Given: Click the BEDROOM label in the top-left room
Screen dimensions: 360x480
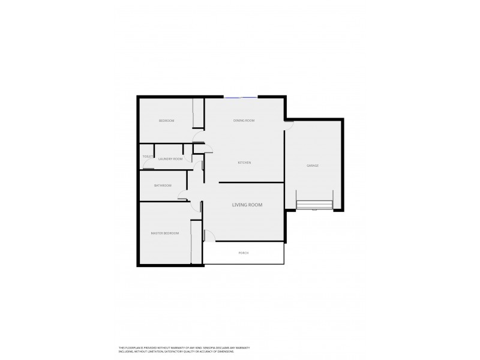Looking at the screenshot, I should [x=166, y=121].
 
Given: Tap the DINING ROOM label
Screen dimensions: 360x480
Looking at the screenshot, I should [x=244, y=121].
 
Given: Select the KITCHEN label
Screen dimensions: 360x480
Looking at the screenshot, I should [x=244, y=163].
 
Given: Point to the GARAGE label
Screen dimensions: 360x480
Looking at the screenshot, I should [x=312, y=165].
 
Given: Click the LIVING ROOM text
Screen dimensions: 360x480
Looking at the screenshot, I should [x=247, y=205].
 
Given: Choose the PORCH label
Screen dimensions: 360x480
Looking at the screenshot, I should [x=243, y=253].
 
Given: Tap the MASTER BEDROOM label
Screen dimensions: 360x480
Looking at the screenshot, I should [x=164, y=233].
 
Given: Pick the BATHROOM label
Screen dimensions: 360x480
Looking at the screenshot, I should [x=163, y=185].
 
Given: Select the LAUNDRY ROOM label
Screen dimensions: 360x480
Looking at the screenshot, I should [x=170, y=159].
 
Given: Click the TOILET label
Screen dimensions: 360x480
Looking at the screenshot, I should [x=147, y=157].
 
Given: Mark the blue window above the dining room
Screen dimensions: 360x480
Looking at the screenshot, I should [x=241, y=97].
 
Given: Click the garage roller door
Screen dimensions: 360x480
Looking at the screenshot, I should [x=314, y=205].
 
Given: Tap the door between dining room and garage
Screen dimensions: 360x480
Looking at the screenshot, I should [x=289, y=122].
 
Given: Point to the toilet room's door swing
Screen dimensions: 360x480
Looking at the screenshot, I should [x=147, y=166].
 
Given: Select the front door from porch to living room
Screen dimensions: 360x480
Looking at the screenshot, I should [x=206, y=235].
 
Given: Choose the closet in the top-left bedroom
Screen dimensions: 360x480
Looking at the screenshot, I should [x=199, y=113].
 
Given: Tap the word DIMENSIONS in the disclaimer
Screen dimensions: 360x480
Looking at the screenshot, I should [x=226, y=352].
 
